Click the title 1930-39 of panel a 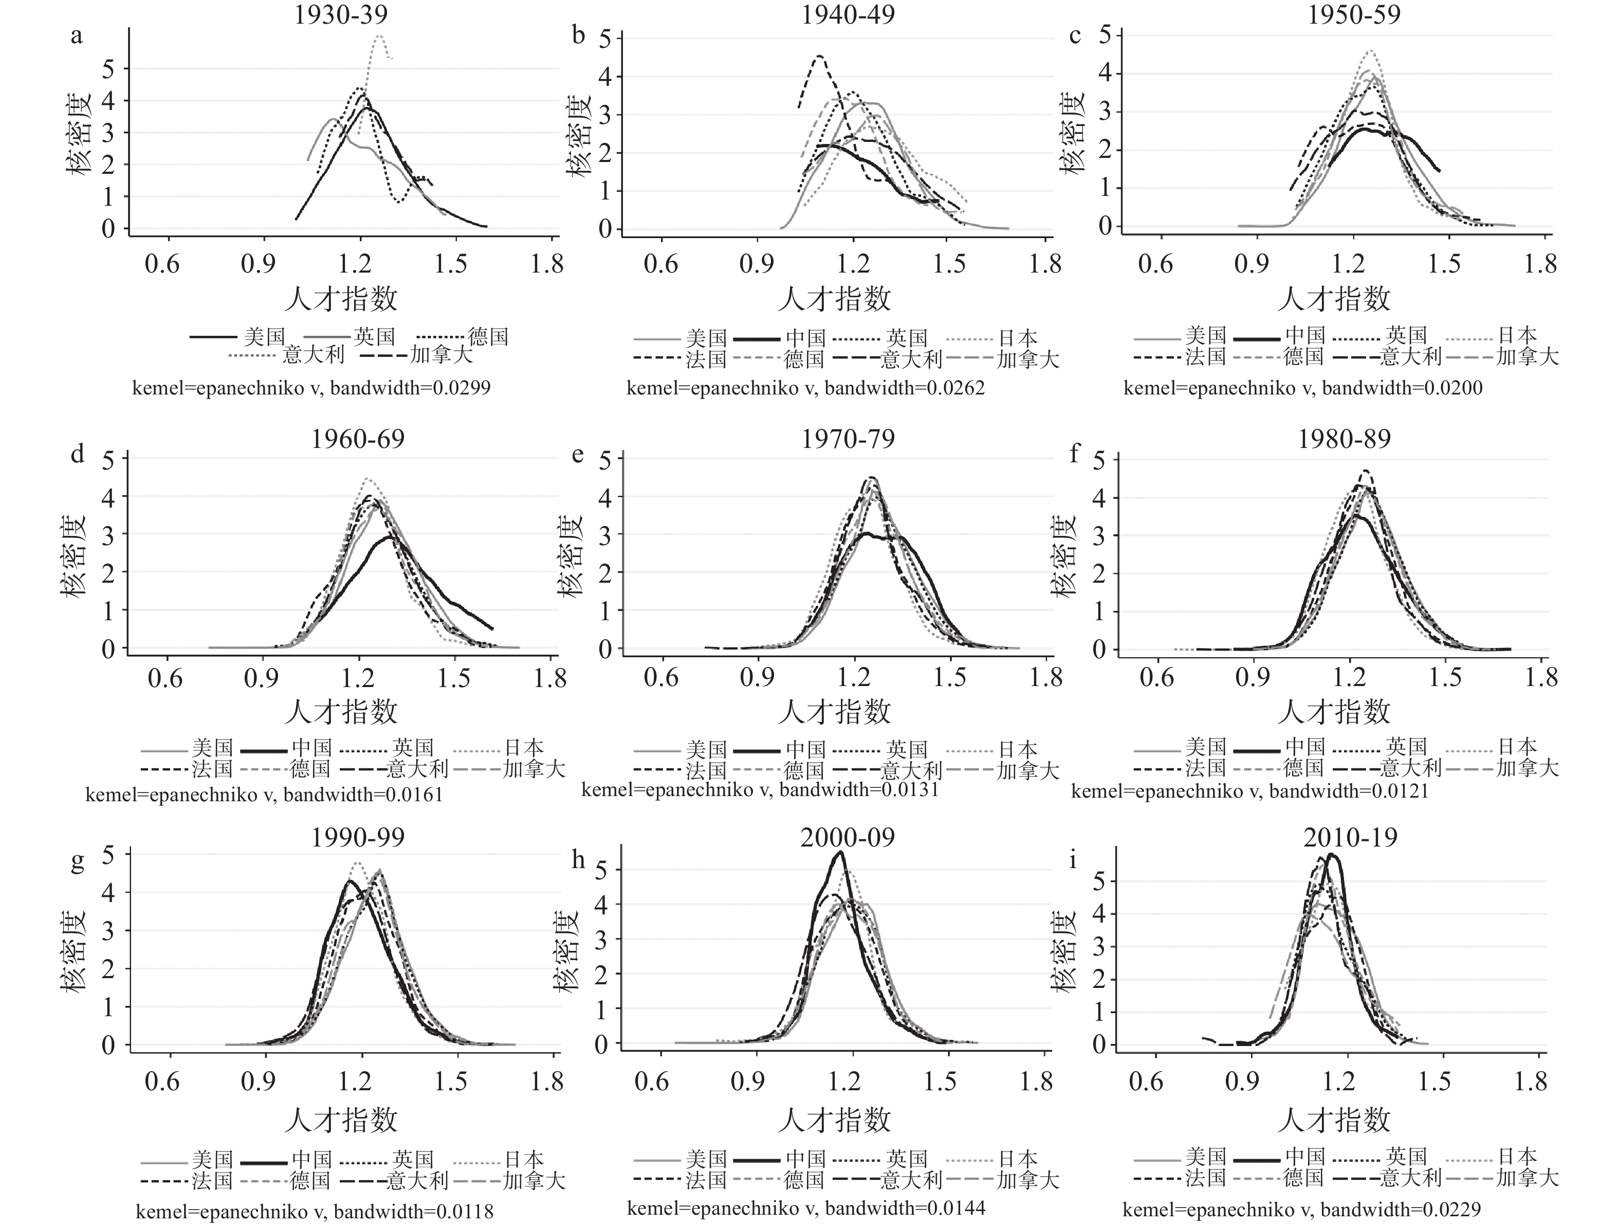click(341, 14)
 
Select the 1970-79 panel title click(848, 439)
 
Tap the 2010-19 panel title click(1350, 837)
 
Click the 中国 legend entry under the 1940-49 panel click(806, 338)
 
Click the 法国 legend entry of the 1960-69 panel click(212, 769)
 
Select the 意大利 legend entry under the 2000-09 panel click(911, 1180)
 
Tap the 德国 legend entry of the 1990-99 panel click(309, 1180)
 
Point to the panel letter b click(579, 35)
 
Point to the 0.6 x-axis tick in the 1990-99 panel click(162, 1082)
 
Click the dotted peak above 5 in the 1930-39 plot click(380, 37)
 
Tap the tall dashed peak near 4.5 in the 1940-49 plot click(819, 57)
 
